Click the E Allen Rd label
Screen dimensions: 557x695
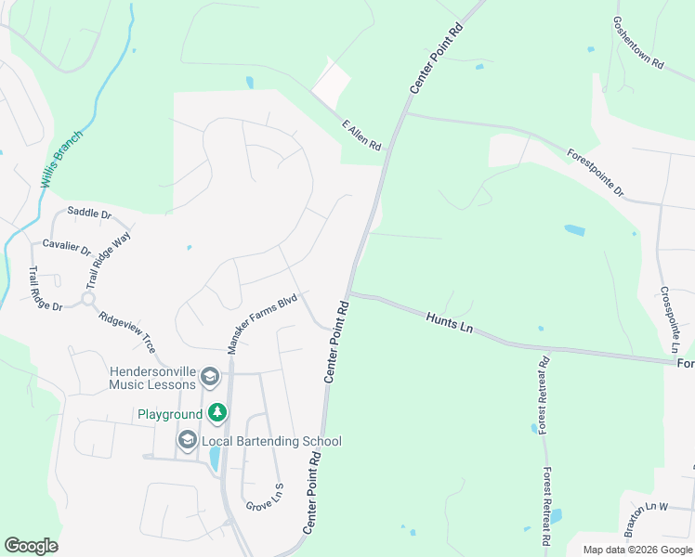pos(362,135)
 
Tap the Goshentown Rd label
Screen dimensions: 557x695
pos(638,44)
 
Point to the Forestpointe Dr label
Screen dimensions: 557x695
pos(596,173)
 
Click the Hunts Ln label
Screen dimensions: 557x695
pos(452,323)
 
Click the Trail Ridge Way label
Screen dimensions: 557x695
pos(110,261)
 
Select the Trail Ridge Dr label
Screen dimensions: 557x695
pos(45,289)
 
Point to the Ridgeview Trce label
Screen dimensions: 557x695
pos(128,330)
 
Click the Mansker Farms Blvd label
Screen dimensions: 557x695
pos(263,322)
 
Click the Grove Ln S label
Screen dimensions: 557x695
pos(265,499)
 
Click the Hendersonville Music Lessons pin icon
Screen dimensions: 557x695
pos(210,376)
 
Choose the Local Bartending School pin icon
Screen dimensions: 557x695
pos(188,440)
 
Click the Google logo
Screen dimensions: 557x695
pos(31,546)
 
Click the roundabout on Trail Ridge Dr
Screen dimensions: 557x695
pos(88,299)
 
